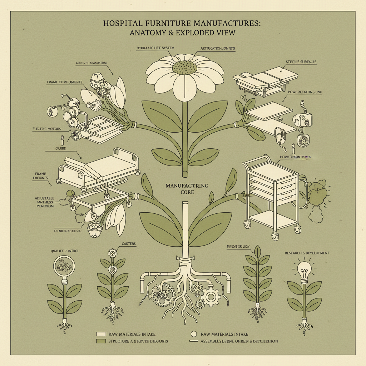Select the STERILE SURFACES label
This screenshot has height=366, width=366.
301,62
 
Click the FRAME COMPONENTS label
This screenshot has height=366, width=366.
65,82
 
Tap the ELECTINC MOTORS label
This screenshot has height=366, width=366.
46,129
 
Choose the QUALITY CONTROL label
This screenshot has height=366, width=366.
65,251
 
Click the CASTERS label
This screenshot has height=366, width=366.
129,244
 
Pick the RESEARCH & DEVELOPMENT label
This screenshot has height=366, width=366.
307,253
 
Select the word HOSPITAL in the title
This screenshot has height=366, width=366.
122,24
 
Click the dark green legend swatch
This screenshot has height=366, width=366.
101,341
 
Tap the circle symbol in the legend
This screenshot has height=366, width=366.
194,334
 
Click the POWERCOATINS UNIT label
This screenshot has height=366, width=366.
305,92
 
